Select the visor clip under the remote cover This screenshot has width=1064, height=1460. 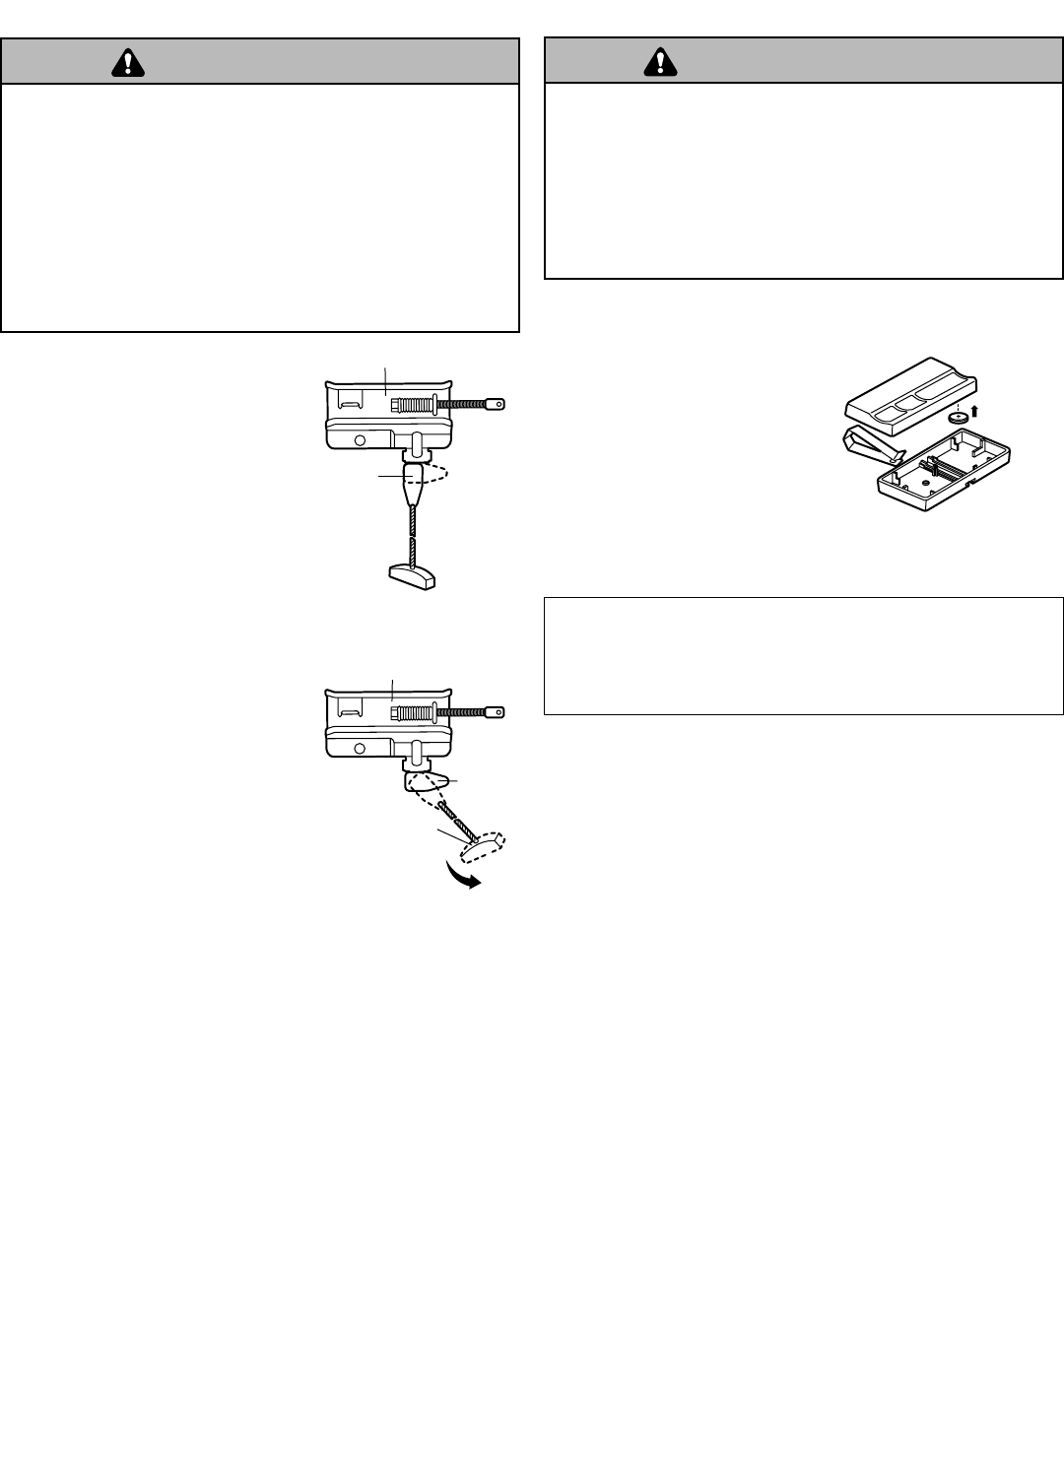click(872, 446)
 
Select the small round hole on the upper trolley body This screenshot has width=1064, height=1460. click(360, 440)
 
